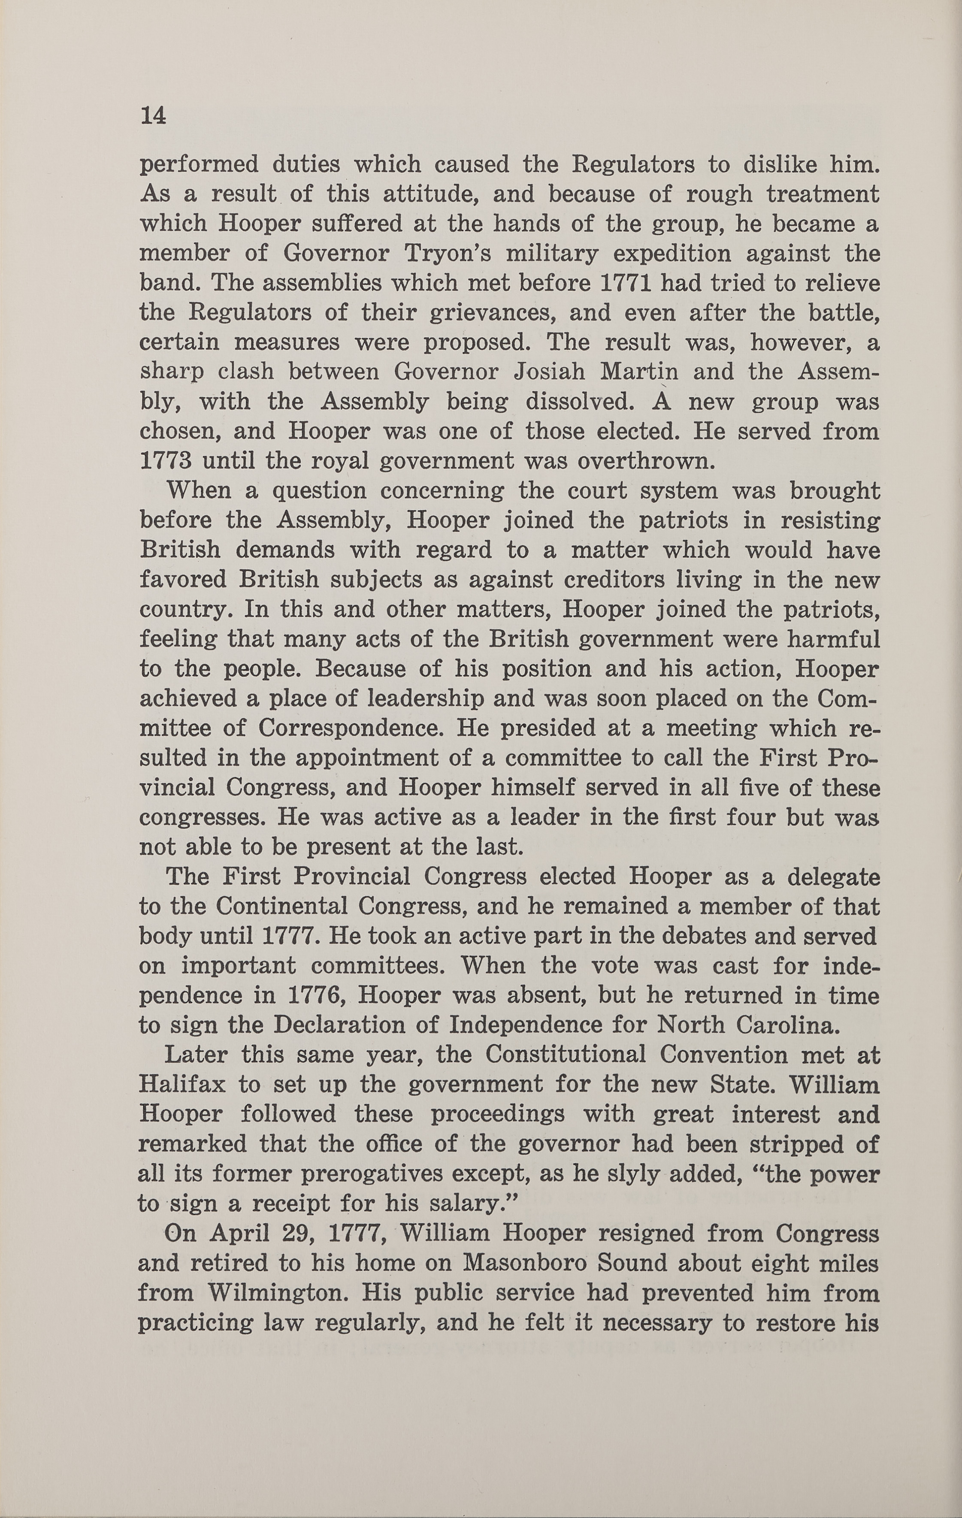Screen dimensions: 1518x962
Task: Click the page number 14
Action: [153, 116]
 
